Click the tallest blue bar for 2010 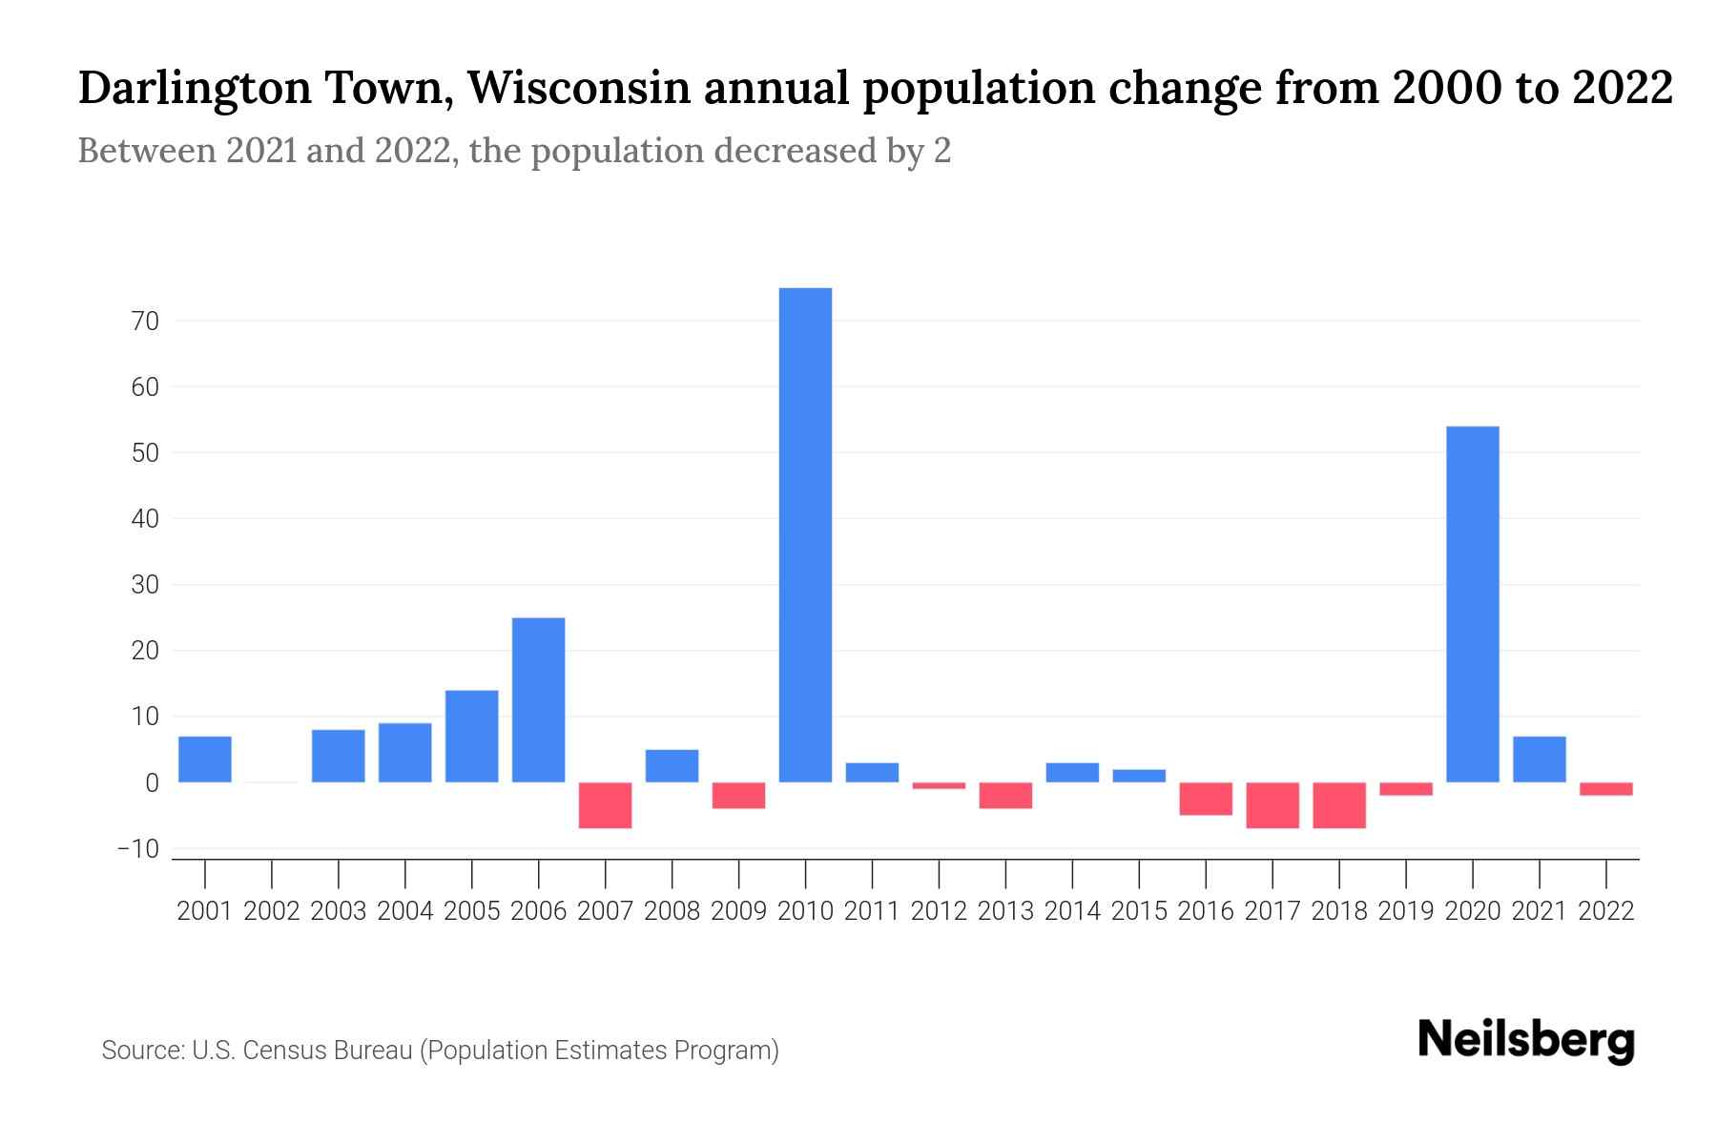click(x=805, y=534)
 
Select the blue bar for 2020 click(x=1472, y=604)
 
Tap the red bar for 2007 click(x=605, y=805)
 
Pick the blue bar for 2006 click(x=538, y=699)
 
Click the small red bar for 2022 click(x=1605, y=789)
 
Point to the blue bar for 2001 click(x=205, y=759)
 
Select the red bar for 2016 click(x=1205, y=799)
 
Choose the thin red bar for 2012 click(x=939, y=785)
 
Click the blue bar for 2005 click(x=471, y=736)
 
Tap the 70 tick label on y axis click(x=145, y=322)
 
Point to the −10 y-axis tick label click(x=137, y=848)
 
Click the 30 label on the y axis click(x=145, y=585)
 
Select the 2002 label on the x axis click(x=272, y=911)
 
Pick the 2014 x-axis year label click(x=1072, y=911)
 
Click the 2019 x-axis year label click(x=1405, y=911)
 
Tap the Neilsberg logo click(x=1526, y=1040)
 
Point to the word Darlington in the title click(x=195, y=88)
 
